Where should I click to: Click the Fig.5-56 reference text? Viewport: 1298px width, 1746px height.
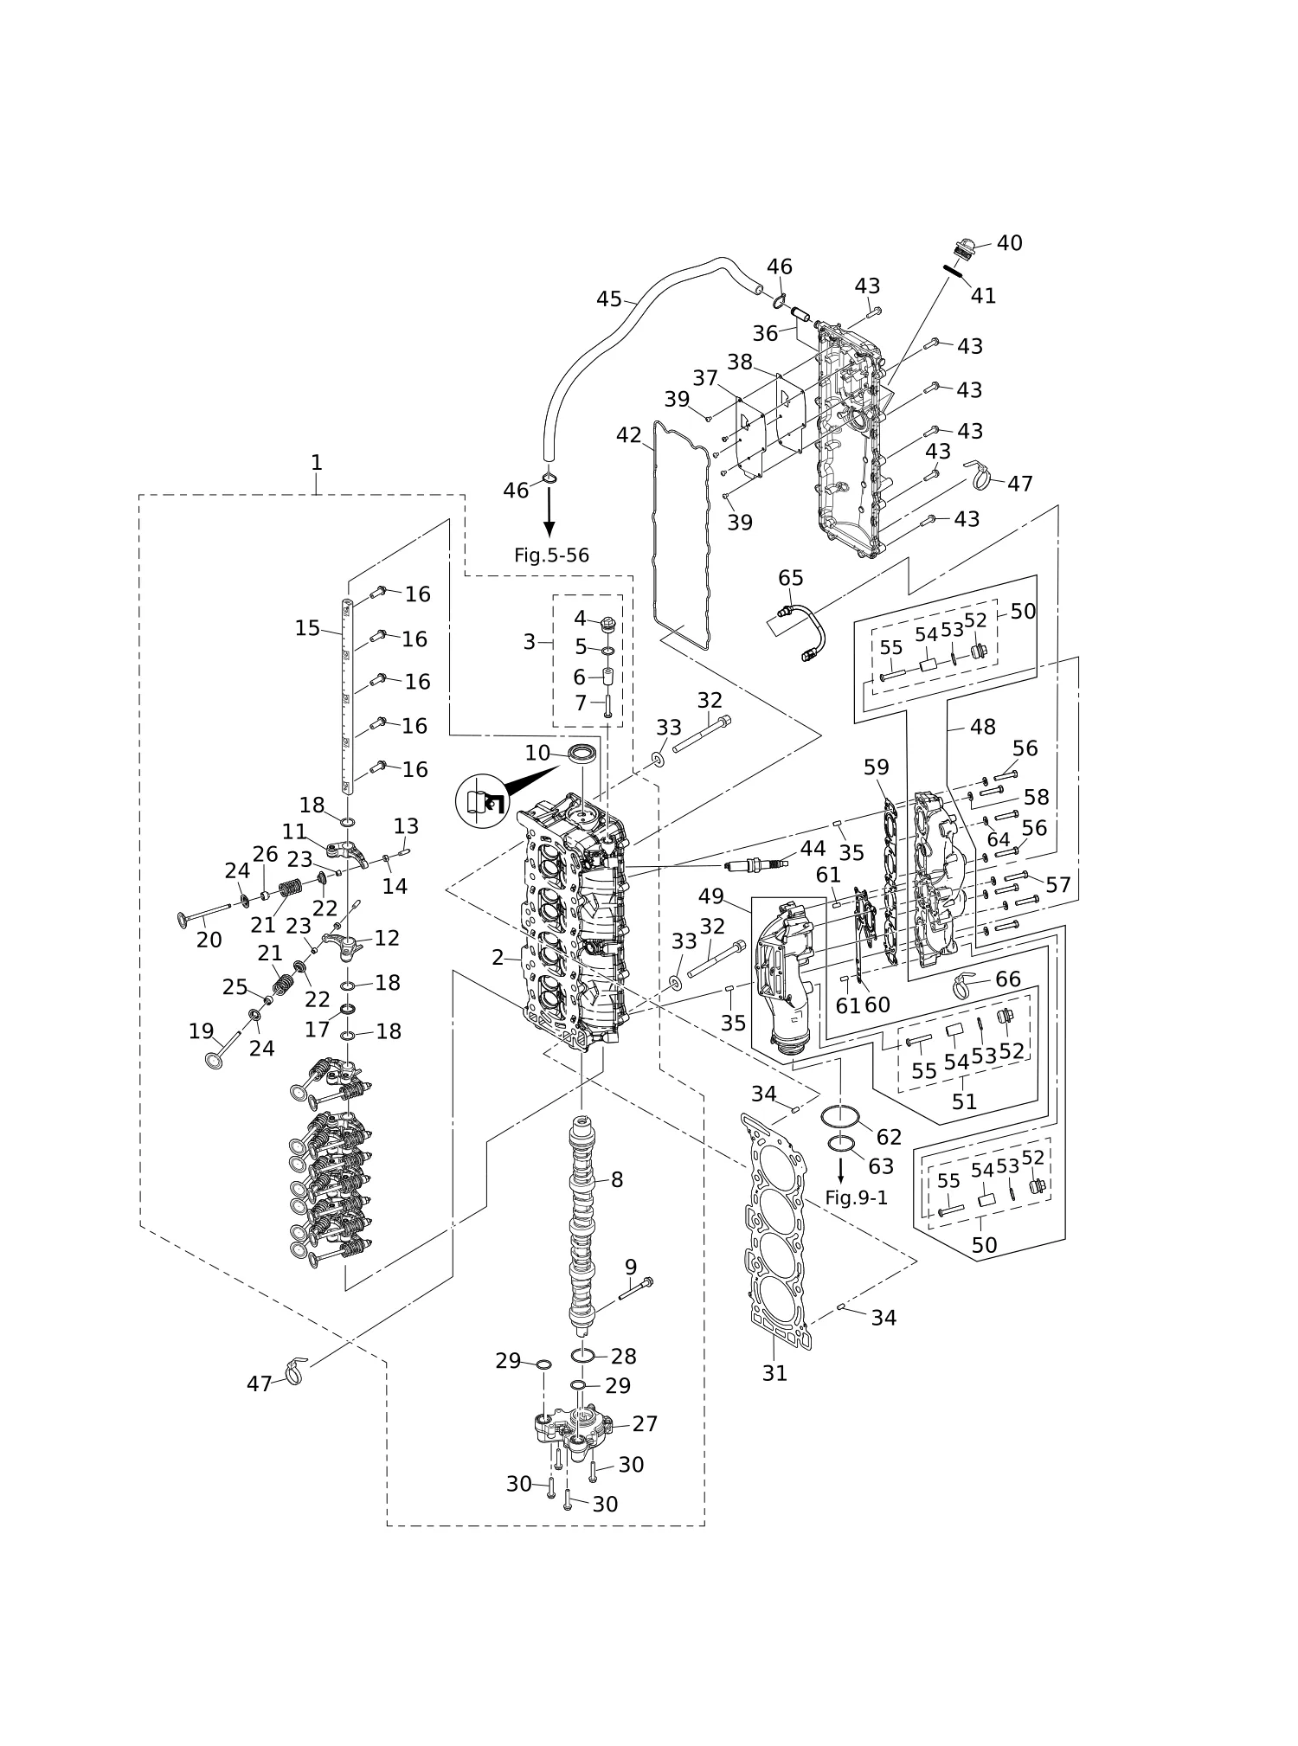click(551, 555)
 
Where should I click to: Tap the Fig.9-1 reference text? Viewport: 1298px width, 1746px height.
click(856, 1197)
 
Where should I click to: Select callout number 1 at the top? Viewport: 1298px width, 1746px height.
click(317, 463)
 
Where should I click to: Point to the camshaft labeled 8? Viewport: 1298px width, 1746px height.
click(582, 1229)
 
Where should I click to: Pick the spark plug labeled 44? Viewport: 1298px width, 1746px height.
click(755, 865)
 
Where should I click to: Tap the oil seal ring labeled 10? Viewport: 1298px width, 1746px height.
click(582, 753)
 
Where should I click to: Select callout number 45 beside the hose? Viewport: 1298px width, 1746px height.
click(608, 299)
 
